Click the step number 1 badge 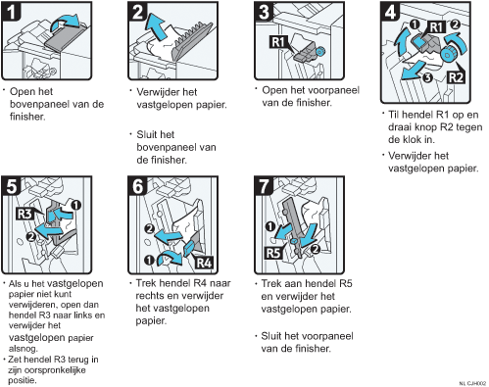point(11,12)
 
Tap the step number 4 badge point(390,12)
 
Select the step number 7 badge point(264,186)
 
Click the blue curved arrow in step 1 point(65,22)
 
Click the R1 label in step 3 point(278,42)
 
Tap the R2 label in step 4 point(456,77)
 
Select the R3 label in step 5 point(24,214)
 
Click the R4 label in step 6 point(204,263)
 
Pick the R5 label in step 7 point(273,253)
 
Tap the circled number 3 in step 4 point(428,77)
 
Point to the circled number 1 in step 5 point(75,205)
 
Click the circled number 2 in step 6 point(150,228)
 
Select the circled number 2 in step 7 point(316,249)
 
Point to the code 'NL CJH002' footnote point(472,383)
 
